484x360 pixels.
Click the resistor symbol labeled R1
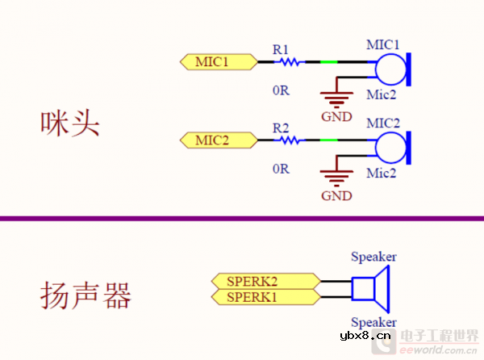point(288,61)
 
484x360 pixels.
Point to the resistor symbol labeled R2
point(288,140)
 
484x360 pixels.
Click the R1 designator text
point(281,49)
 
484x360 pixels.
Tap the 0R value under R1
point(280,90)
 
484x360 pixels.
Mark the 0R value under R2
point(280,169)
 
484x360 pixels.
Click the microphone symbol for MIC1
point(393,68)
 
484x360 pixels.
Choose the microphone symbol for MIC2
point(393,147)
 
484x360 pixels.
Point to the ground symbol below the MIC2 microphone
point(336,178)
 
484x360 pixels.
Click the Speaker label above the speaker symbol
point(373,257)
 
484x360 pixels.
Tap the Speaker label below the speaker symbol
point(373,321)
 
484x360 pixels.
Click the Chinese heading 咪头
point(69,123)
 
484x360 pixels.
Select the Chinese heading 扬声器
point(85,295)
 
